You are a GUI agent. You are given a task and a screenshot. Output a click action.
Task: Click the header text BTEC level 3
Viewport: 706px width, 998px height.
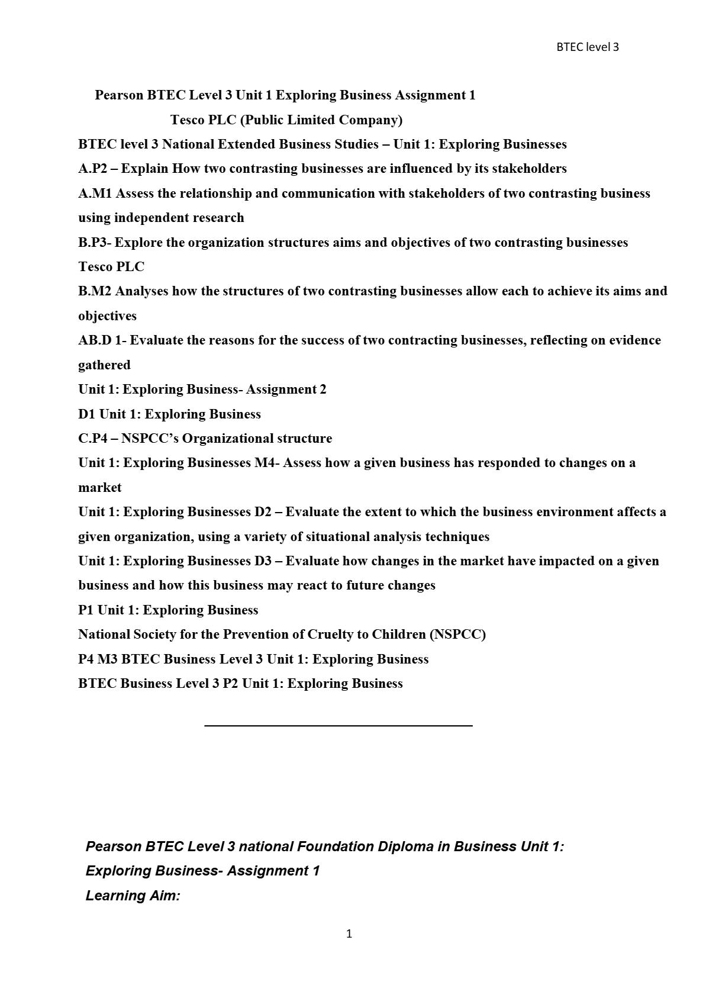[587, 47]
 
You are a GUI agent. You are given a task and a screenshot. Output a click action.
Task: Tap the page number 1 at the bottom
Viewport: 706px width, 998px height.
[349, 933]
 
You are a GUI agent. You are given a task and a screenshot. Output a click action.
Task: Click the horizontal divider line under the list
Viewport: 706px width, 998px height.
[338, 725]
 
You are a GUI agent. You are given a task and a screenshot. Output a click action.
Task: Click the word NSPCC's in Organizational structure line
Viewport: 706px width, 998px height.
[150, 439]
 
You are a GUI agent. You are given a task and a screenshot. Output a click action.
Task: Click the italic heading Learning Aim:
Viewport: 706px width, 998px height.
[133, 896]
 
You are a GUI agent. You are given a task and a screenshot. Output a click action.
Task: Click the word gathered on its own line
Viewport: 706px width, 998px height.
[104, 365]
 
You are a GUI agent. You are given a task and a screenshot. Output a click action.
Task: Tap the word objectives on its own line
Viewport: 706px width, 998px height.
[107, 316]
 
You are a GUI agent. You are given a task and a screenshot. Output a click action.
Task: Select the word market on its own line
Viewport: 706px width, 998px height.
[99, 488]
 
